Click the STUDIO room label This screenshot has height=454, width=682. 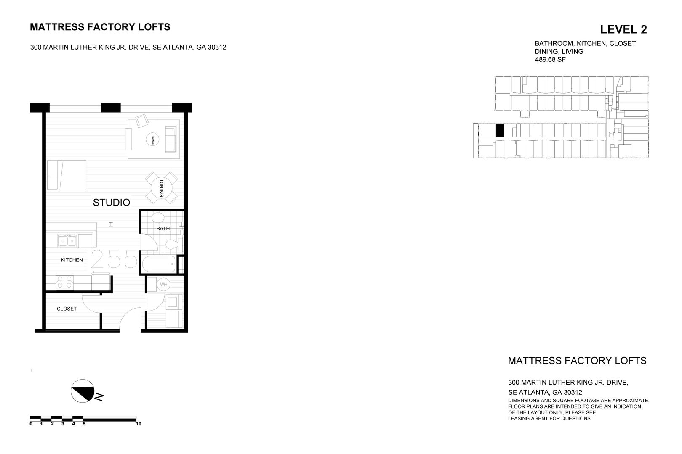[x=111, y=203]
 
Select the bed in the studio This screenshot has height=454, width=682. [x=67, y=174]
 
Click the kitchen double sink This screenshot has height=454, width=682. [x=67, y=241]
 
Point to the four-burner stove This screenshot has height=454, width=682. [x=65, y=281]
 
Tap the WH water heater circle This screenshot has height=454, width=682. [x=163, y=285]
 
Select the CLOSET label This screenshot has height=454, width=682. [x=67, y=309]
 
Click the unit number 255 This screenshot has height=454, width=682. [x=114, y=259]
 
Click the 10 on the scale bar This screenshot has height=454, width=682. [x=138, y=424]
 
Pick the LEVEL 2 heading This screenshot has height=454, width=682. [x=623, y=29]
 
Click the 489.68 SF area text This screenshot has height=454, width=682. [x=550, y=60]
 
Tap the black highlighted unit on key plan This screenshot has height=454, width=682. [x=499, y=130]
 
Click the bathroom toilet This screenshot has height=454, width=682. [x=173, y=244]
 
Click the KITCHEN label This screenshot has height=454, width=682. [x=72, y=260]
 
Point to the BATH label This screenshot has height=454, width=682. [x=163, y=229]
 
